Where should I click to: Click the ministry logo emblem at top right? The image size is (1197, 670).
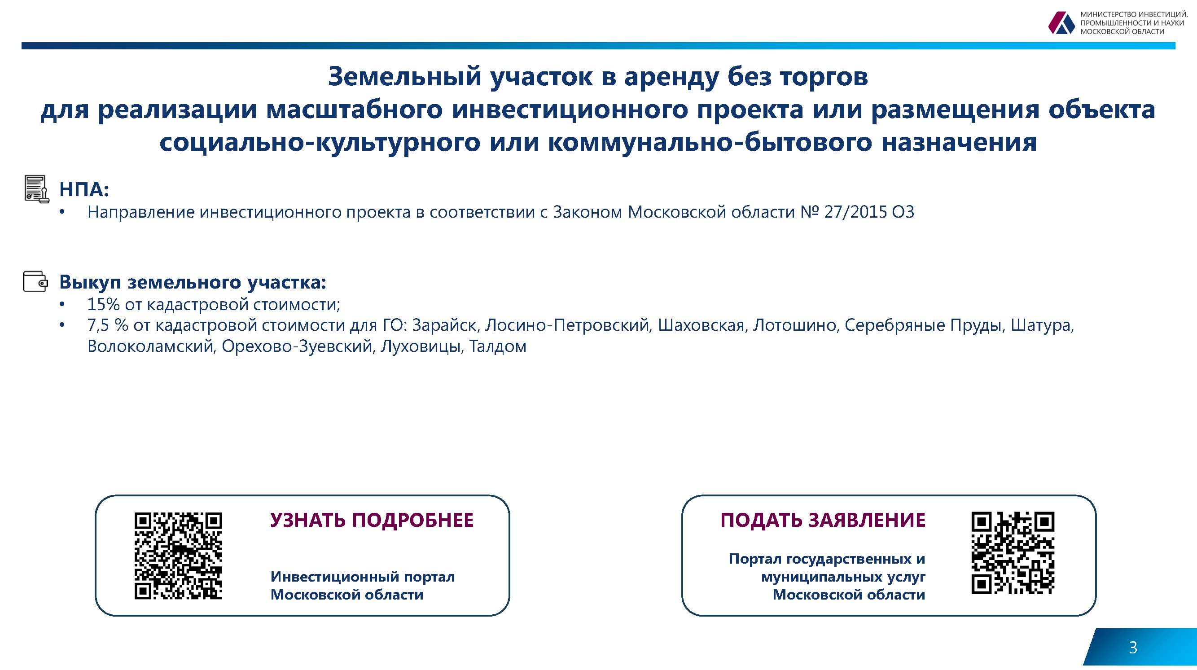click(x=1061, y=23)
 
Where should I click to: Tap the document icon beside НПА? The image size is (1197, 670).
click(x=36, y=189)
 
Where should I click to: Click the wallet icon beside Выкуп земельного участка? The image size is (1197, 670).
click(x=35, y=281)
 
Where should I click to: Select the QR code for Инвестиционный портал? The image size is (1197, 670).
click(x=178, y=556)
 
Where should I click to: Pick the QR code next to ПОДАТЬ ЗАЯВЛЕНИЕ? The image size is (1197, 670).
click(x=1013, y=553)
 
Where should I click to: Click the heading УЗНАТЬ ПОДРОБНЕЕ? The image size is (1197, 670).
click(x=372, y=521)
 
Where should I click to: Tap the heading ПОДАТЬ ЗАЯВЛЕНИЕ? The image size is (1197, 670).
click(x=823, y=521)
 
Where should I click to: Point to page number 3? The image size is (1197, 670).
click(x=1133, y=648)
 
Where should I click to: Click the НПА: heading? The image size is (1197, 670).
click(x=84, y=189)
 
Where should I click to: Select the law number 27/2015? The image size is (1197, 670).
click(x=855, y=212)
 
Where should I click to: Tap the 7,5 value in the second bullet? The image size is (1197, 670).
click(x=98, y=326)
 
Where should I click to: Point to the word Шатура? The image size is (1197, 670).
click(x=1040, y=326)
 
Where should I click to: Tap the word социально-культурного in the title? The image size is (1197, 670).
click(x=320, y=142)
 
